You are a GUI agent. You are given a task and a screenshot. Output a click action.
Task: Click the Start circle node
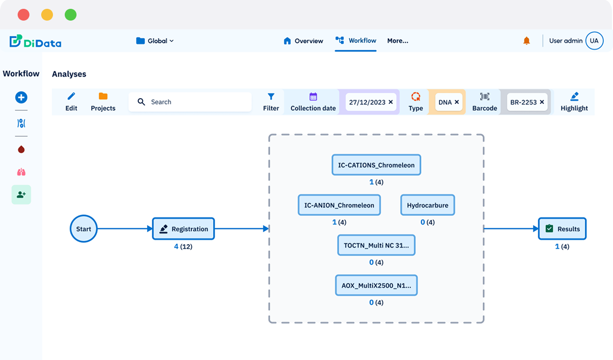[84, 229]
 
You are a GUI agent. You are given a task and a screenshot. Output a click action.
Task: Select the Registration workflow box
[183, 229]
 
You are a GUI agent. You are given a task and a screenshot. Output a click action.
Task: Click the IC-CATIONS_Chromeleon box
[376, 165]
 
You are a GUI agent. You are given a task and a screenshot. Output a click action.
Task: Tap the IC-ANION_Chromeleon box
[339, 205]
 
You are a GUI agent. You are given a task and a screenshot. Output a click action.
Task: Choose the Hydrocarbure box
[427, 205]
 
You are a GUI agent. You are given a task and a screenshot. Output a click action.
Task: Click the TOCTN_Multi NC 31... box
[376, 245]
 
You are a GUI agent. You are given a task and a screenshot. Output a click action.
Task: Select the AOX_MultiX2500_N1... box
[376, 285]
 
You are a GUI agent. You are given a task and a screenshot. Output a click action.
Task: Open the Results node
[562, 229]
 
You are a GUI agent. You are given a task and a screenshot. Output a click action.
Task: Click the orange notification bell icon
[527, 41]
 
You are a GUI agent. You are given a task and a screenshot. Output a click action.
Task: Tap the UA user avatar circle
[594, 41]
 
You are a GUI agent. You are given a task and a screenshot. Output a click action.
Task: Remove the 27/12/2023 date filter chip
[391, 102]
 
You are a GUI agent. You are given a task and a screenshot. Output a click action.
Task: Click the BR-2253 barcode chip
[523, 102]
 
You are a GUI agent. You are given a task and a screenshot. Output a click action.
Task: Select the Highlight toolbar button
[574, 102]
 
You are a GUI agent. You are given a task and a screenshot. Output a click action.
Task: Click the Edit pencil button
[72, 102]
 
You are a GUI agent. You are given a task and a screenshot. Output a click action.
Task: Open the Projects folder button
[103, 102]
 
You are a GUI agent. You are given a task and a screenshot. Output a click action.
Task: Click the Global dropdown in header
[155, 41]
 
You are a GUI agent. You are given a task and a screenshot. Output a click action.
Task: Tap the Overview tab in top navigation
[304, 41]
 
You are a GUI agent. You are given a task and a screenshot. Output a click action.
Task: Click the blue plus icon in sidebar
[21, 97]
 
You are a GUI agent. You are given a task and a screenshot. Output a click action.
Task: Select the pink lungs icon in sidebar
[21, 172]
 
